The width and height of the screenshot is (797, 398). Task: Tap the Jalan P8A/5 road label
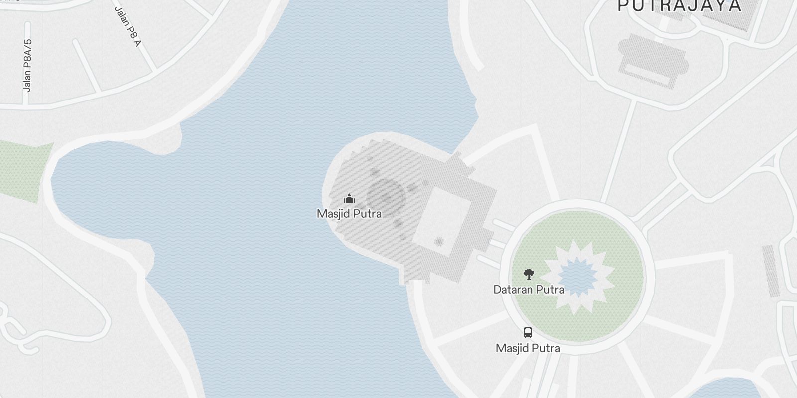pyautogui.click(x=28, y=66)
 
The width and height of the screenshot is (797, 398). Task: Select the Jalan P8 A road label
pyautogui.click(x=128, y=26)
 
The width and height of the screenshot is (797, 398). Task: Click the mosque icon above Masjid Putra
pyautogui.click(x=349, y=199)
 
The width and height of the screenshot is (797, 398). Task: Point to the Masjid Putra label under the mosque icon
pyautogui.click(x=349, y=214)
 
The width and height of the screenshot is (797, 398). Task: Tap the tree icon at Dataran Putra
pyautogui.click(x=529, y=273)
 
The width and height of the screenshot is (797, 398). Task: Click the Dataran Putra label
pyautogui.click(x=529, y=289)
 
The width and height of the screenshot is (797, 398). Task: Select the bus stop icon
pyautogui.click(x=528, y=333)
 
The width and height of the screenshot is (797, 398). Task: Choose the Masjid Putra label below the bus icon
pyautogui.click(x=528, y=348)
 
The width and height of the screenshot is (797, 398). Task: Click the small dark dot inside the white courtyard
pyautogui.click(x=439, y=242)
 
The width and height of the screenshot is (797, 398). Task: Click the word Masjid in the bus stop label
pyautogui.click(x=511, y=348)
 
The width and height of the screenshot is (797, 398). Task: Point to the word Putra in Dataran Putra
pyautogui.click(x=550, y=289)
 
